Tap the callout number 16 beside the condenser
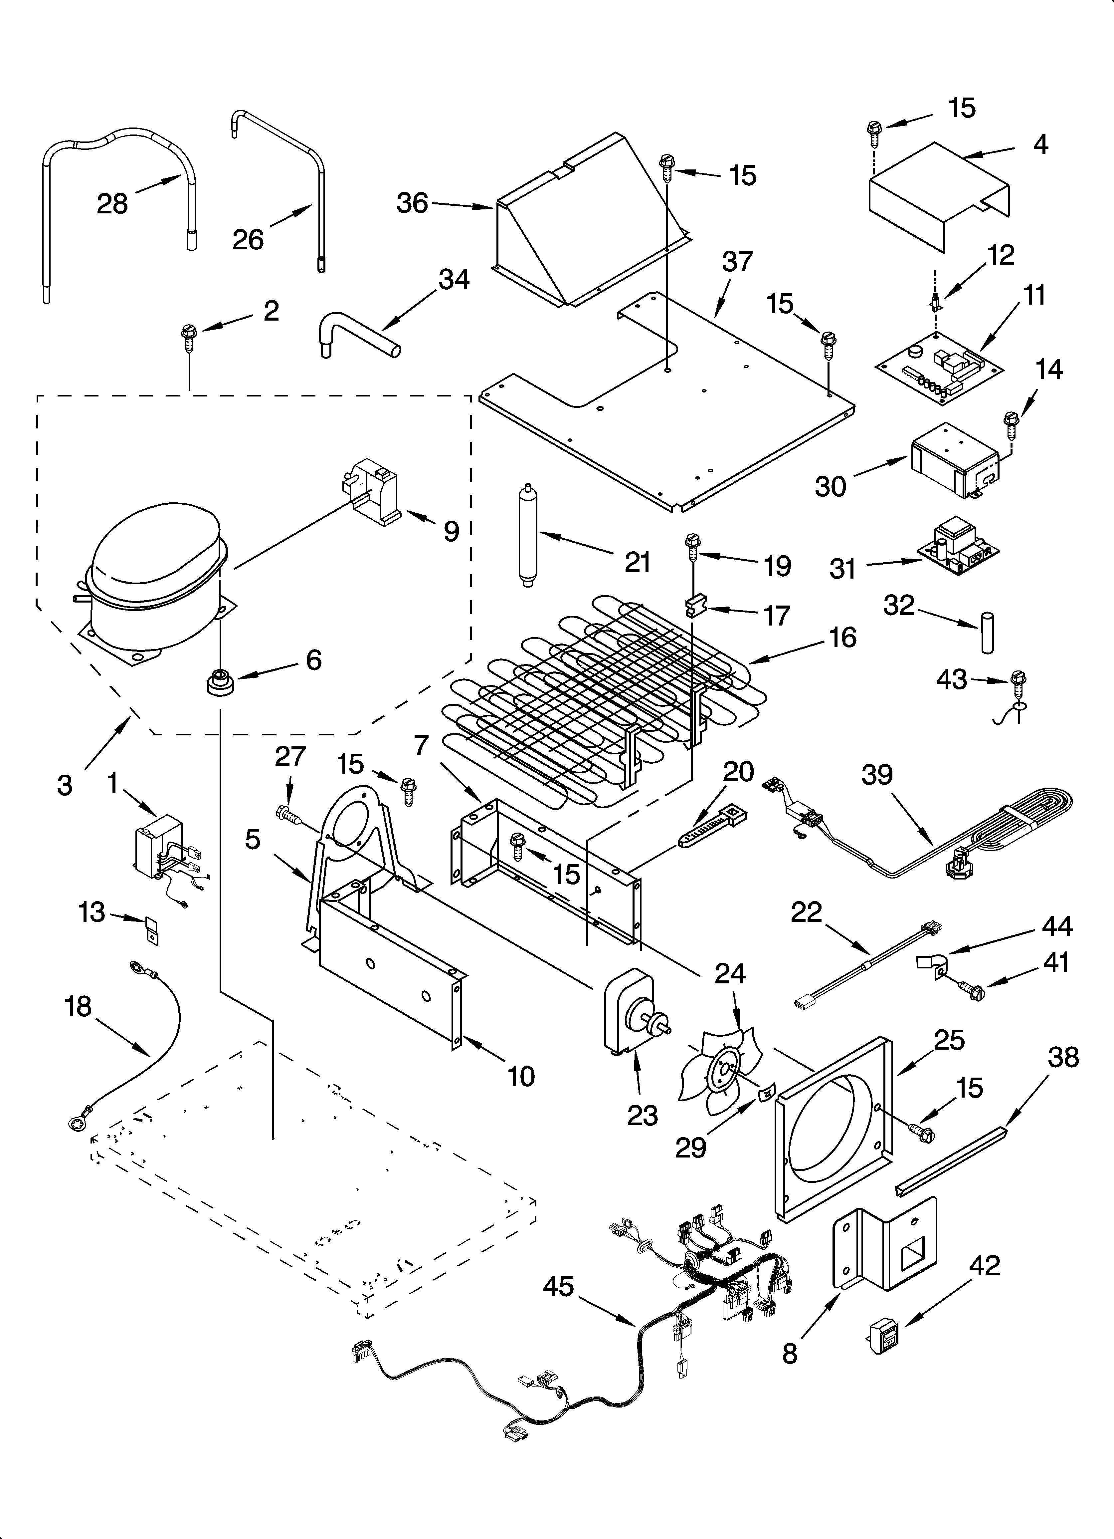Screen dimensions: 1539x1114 [842, 637]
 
